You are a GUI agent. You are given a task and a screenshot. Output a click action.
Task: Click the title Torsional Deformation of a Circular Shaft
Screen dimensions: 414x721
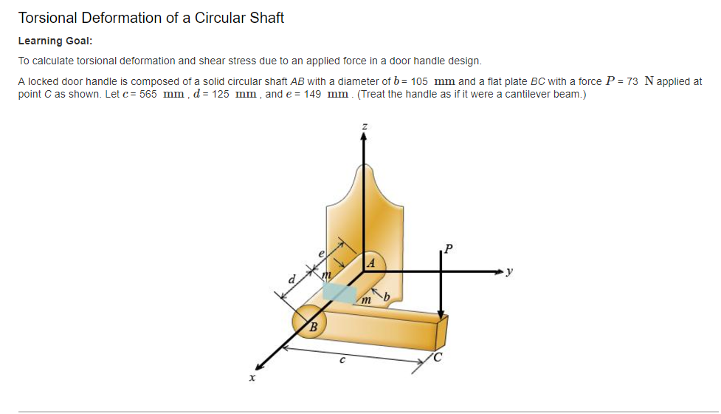151,18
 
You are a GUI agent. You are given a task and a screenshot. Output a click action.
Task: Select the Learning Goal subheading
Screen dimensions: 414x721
55,41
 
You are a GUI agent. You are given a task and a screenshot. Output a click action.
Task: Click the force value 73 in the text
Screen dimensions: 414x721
632,81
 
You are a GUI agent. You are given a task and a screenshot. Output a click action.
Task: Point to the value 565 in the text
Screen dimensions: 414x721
148,95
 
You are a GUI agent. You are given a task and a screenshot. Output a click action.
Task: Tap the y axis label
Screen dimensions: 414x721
508,272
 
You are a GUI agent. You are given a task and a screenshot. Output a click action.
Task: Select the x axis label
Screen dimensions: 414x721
252,378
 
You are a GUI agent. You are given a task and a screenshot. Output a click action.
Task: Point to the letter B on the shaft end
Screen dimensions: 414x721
313,326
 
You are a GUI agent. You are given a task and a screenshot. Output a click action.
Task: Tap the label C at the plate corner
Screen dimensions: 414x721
438,359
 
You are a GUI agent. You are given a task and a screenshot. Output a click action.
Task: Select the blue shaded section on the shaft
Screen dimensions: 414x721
339,292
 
